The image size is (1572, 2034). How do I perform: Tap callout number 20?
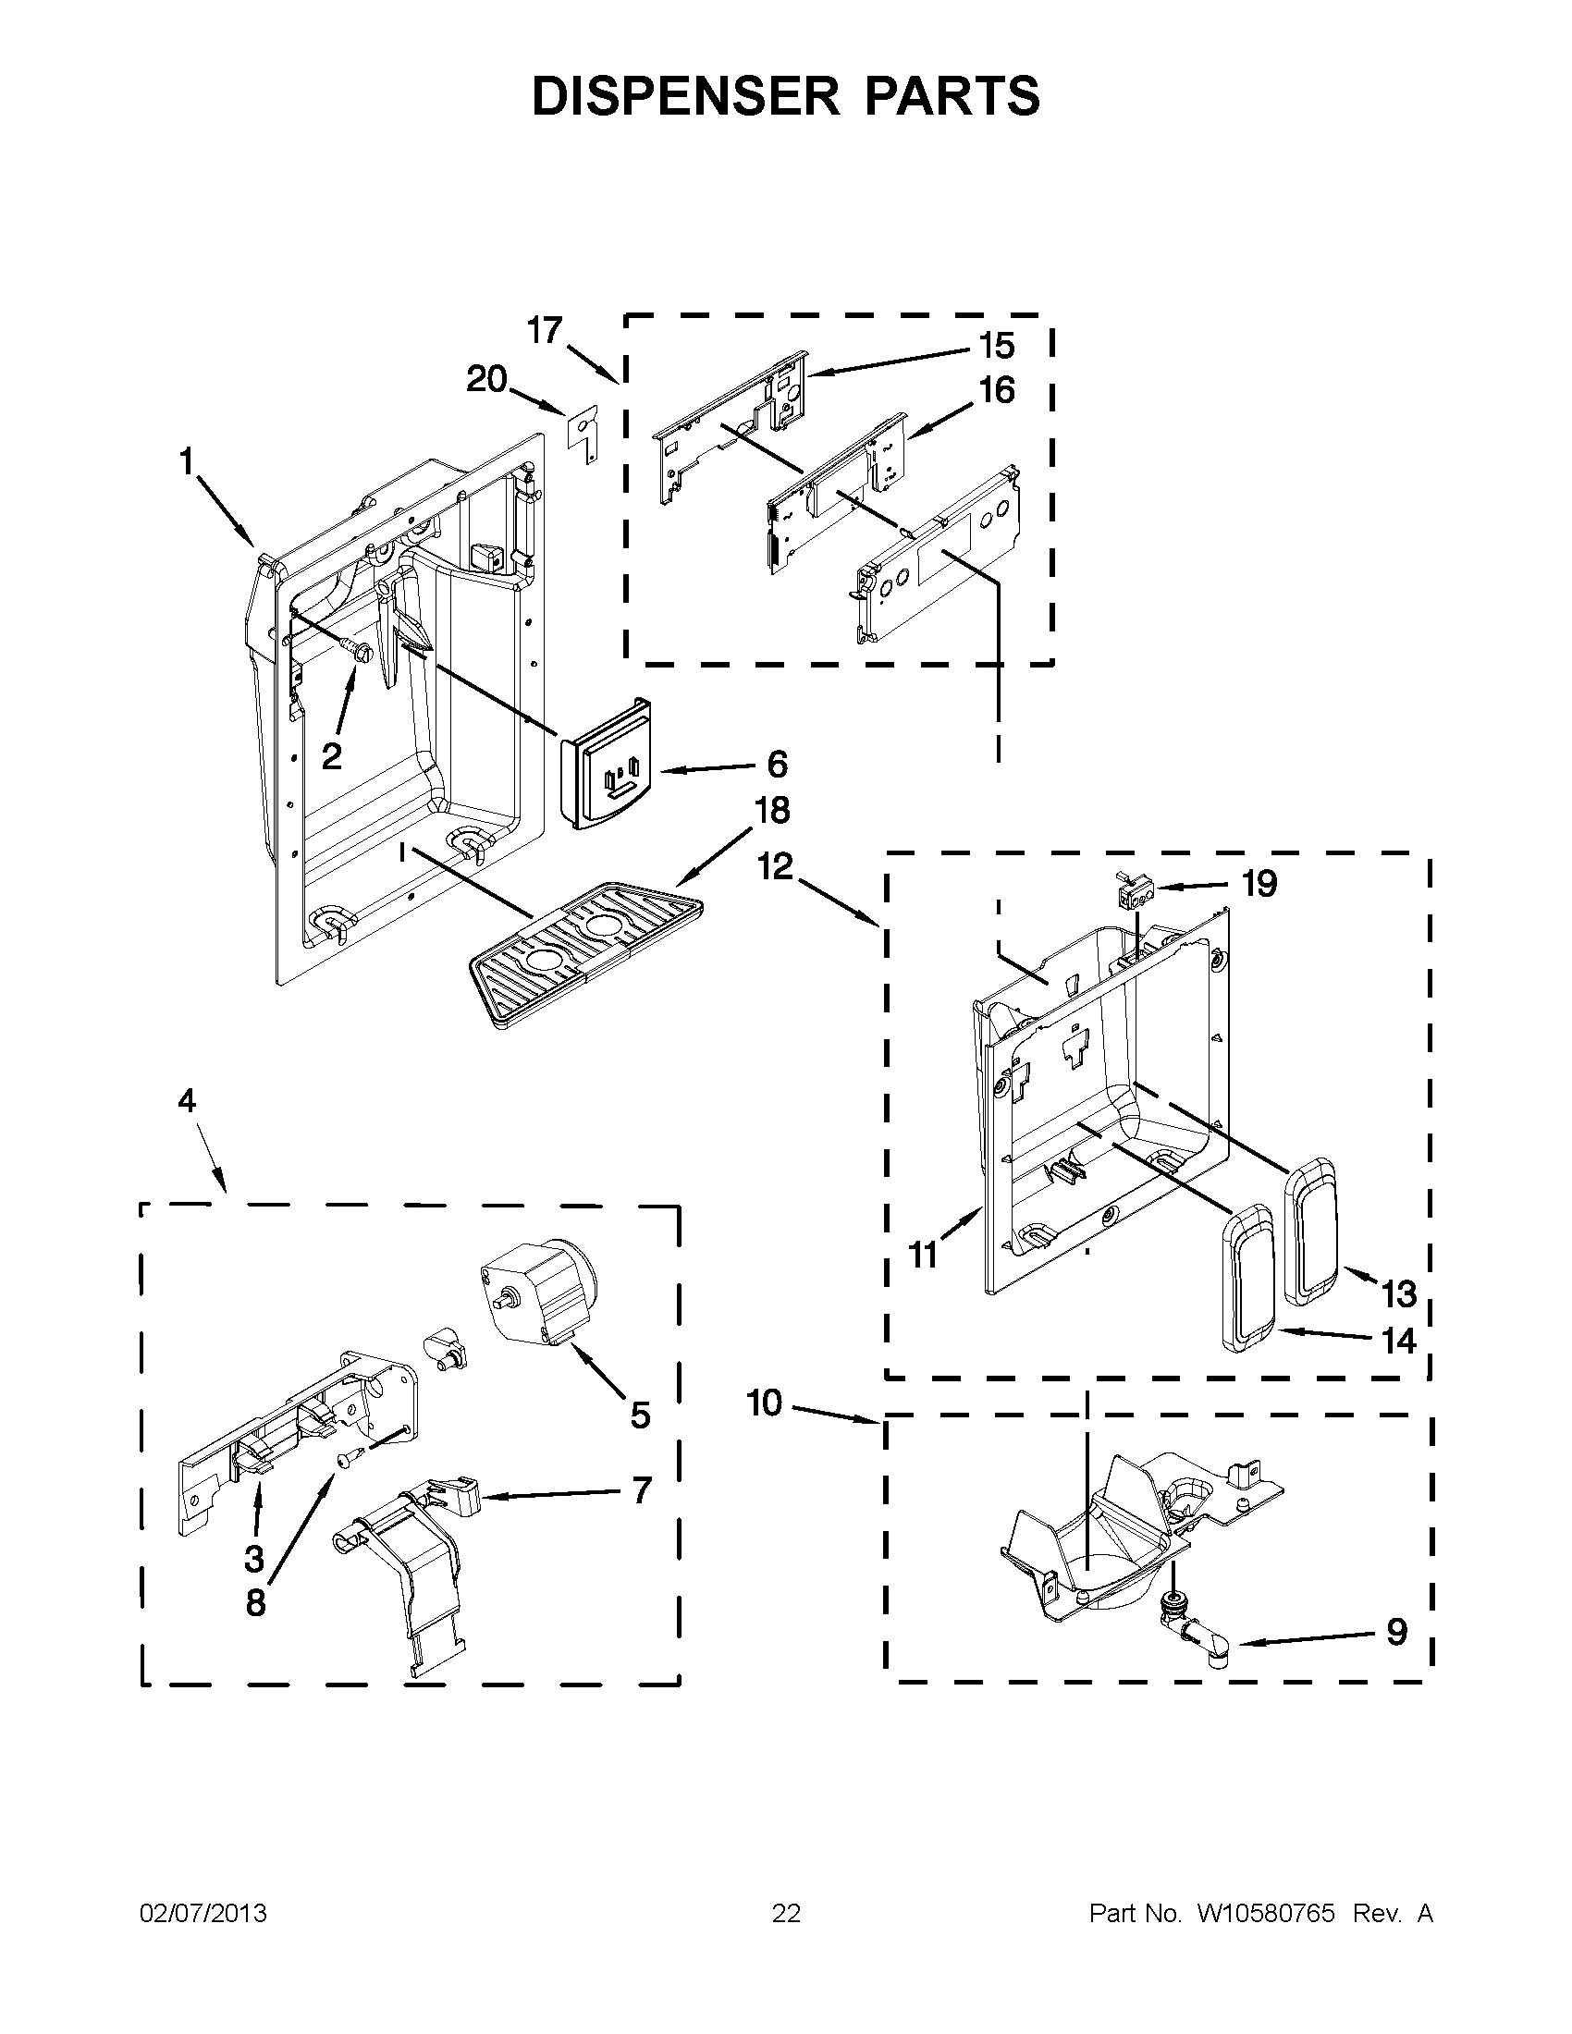(x=486, y=379)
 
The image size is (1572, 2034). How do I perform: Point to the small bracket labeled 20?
(x=583, y=434)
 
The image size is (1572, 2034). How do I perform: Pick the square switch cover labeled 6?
(x=607, y=762)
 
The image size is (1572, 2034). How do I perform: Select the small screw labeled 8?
(x=345, y=1461)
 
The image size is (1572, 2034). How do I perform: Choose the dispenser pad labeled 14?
(x=1249, y=1291)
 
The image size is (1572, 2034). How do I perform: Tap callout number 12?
(x=775, y=866)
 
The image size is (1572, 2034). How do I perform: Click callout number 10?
(x=764, y=1403)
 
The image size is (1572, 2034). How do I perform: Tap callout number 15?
(x=997, y=347)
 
